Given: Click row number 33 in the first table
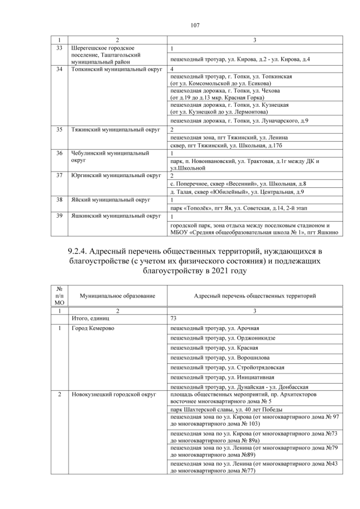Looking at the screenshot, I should [x=59, y=48].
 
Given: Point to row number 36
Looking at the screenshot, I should [x=59, y=152].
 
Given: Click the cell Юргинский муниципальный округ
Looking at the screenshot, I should [x=116, y=175].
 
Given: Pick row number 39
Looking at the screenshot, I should [x=59, y=215].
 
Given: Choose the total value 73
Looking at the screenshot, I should [x=174, y=318].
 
